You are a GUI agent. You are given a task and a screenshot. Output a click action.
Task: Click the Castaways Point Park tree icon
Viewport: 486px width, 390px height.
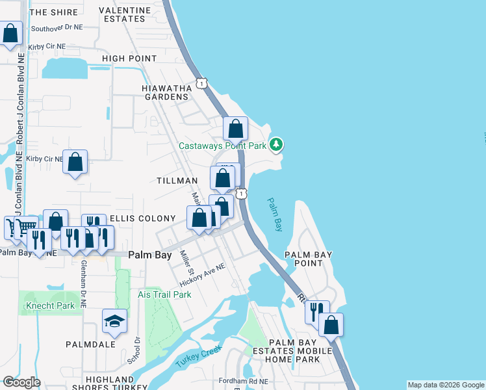tap(276, 144)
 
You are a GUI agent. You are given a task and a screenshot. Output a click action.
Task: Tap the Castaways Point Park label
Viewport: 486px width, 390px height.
tap(223, 146)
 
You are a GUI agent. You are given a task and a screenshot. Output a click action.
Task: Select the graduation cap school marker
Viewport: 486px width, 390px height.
tap(114, 320)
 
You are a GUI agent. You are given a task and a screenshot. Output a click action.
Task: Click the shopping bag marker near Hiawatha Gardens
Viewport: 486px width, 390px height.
tap(235, 128)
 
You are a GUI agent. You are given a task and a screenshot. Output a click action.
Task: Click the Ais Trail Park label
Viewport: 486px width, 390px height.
tap(165, 294)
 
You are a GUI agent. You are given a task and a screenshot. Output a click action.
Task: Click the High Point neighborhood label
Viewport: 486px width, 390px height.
tap(129, 58)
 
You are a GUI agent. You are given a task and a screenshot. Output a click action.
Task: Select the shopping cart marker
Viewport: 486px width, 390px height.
tap(25, 227)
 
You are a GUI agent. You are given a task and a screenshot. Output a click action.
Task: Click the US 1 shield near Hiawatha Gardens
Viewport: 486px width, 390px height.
tap(203, 84)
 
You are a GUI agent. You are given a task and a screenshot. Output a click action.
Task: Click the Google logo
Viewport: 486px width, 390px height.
tap(21, 382)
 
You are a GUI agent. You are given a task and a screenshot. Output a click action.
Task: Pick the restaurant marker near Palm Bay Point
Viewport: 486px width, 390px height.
tap(317, 311)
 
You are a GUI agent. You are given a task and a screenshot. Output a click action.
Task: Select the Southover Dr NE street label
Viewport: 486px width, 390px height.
tap(57, 29)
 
